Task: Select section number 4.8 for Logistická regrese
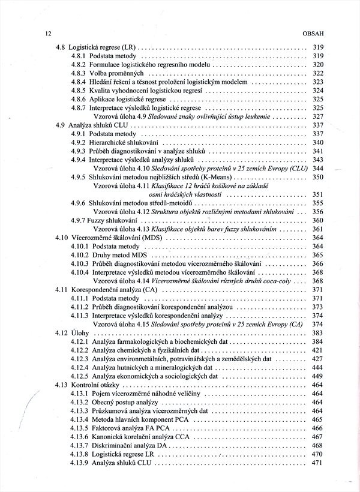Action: point(60,47)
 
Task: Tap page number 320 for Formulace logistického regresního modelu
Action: point(318,64)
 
